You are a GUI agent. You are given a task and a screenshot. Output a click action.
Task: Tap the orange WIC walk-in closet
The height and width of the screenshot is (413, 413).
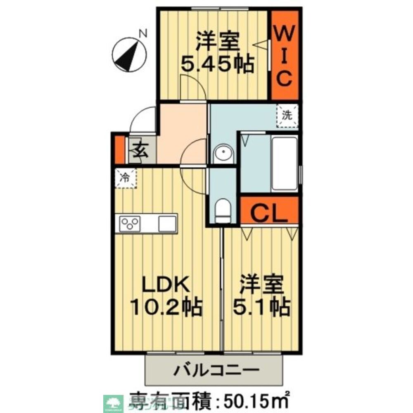pyautogui.click(x=285, y=55)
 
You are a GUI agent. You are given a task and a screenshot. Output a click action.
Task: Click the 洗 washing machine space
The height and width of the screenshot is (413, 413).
pyautogui.click(x=287, y=116)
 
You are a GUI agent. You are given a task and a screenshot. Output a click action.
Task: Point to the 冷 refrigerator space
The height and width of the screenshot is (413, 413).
pyautogui.click(x=125, y=178)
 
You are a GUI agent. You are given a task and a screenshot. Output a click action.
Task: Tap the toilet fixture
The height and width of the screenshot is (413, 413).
pyautogui.click(x=223, y=209)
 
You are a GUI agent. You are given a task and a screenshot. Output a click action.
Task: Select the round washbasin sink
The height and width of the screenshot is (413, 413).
pyautogui.click(x=223, y=154)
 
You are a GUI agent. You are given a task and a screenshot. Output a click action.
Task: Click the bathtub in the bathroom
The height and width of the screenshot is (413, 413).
pyautogui.click(x=285, y=163)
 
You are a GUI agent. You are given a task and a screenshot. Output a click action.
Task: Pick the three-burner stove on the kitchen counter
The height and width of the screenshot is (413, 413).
pyautogui.click(x=130, y=224)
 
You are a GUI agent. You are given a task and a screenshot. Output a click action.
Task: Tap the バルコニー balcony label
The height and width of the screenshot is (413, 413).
pyautogui.click(x=216, y=369)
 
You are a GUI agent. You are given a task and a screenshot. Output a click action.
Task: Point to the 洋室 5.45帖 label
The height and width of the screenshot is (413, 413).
pyautogui.click(x=218, y=52)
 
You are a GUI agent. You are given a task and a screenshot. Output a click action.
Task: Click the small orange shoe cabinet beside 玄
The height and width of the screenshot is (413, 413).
pyautogui.click(x=119, y=149)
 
